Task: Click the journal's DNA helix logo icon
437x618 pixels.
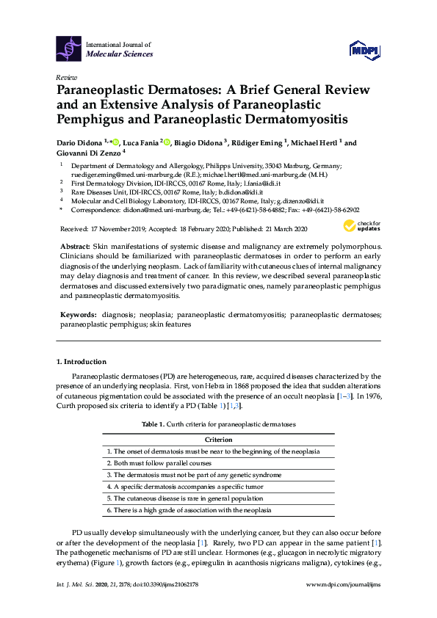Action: coord(69,48)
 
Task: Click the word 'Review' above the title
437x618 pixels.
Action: coord(67,77)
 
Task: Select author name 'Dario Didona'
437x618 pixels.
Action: coord(80,142)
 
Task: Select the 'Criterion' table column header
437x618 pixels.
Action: coord(218,440)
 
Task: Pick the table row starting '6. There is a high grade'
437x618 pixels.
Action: coord(189,509)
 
